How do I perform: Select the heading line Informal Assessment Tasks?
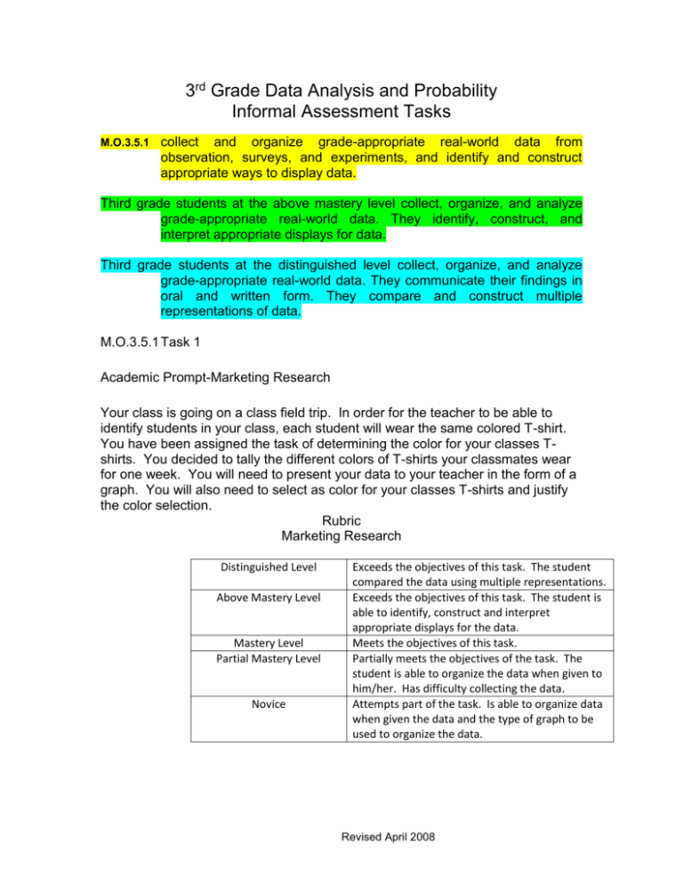341,113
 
